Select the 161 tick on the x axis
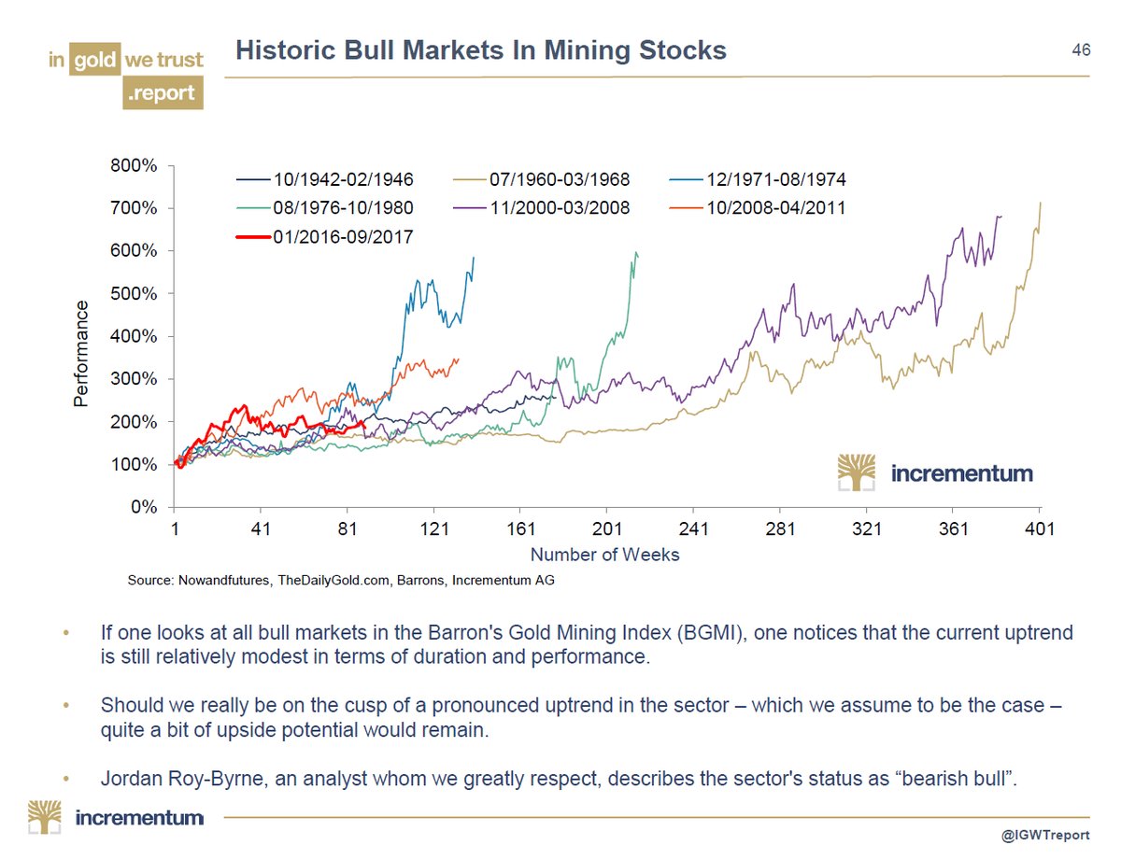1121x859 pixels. [x=520, y=529]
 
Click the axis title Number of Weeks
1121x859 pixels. [x=604, y=555]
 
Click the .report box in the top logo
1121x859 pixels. [x=163, y=93]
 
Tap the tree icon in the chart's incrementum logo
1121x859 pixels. [x=857, y=472]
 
